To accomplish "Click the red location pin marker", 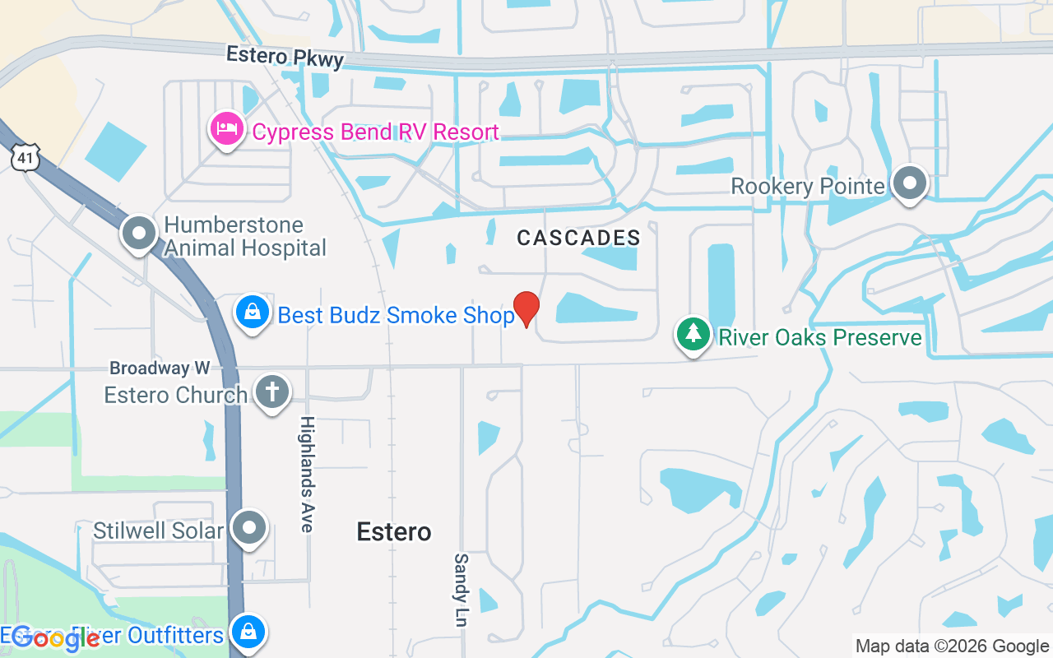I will (526, 308).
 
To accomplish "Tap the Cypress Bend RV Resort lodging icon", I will (226, 129).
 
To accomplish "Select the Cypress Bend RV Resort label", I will (375, 132).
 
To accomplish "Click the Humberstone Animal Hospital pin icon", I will (139, 233).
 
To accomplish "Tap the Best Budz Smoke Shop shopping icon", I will (253, 313).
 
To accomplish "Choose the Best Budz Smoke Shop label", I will (396, 315).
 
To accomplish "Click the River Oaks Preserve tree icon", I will (693, 334).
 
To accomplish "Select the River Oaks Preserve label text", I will (820, 337).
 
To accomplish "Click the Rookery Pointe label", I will (807, 187).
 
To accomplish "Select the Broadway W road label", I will (160, 368).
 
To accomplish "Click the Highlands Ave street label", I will (307, 474).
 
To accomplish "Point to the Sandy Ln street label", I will (461, 590).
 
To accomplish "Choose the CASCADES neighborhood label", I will (578, 239).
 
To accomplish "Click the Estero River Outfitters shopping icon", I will (247, 633).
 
